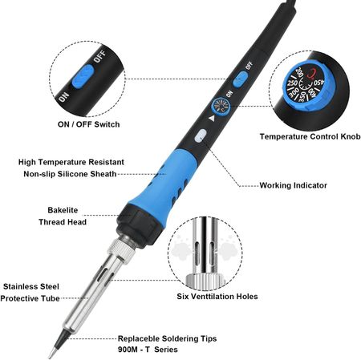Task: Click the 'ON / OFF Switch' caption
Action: click(x=88, y=124)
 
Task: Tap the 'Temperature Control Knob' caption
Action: click(x=310, y=136)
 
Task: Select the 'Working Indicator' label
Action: click(x=294, y=185)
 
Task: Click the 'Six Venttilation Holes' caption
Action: click(x=217, y=297)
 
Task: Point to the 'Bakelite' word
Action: click(x=63, y=210)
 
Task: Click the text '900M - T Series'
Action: click(x=148, y=350)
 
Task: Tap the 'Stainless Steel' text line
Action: click(x=31, y=286)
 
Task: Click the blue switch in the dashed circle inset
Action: click(x=83, y=76)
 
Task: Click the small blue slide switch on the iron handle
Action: click(x=241, y=79)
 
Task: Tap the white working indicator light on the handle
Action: click(x=201, y=136)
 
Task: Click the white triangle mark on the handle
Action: click(x=212, y=118)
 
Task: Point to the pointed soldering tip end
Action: click(x=51, y=356)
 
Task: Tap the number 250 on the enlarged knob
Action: click(x=293, y=83)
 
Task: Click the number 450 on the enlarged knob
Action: click(x=318, y=83)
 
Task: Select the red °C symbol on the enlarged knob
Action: click(x=311, y=74)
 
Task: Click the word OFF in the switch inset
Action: click(x=99, y=57)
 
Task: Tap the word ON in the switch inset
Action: click(x=63, y=97)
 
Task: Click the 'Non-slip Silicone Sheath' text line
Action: click(x=70, y=174)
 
